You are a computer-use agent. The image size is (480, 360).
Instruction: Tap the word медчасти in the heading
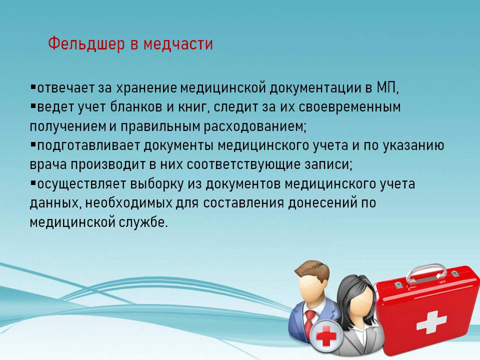[178, 43]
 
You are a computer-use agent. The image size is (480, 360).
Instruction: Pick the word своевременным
[349, 107]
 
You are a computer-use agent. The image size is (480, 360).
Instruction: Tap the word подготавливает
[88, 145]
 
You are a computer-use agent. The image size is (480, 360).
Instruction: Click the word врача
[48, 165]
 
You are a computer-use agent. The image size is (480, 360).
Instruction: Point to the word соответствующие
[243, 164]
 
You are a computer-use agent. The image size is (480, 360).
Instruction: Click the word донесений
[323, 203]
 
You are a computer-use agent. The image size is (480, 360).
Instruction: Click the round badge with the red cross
[325, 336]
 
